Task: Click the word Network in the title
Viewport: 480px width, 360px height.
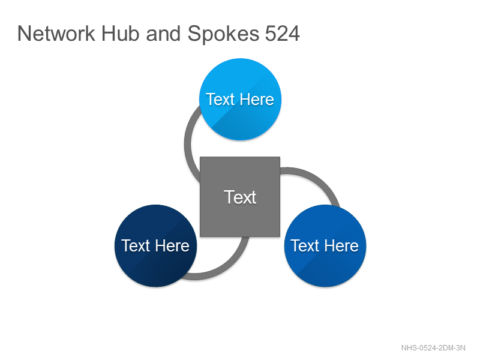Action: tap(56, 34)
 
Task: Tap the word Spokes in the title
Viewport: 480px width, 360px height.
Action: tap(223, 34)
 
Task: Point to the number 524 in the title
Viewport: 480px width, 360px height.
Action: tap(282, 34)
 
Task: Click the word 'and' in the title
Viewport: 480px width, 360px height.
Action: tap(163, 34)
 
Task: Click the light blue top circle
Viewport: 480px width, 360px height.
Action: tap(241, 99)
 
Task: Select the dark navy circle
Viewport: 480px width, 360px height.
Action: tap(155, 245)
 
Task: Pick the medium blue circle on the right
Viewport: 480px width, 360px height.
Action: tap(325, 245)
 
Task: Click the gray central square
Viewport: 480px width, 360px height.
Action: tap(240, 197)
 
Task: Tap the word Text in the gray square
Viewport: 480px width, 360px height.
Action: tap(240, 197)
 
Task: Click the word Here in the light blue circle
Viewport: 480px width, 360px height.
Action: tap(257, 99)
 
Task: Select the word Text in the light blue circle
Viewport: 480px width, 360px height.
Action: tap(220, 99)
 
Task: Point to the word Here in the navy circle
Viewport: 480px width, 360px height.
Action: tap(172, 245)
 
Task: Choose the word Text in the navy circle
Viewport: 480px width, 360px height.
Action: tap(136, 245)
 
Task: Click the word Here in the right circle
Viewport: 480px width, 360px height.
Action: tap(341, 245)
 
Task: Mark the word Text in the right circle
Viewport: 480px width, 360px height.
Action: tap(305, 245)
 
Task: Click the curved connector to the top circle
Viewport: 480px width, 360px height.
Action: tap(188, 144)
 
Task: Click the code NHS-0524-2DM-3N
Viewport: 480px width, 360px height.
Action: tap(433, 348)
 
